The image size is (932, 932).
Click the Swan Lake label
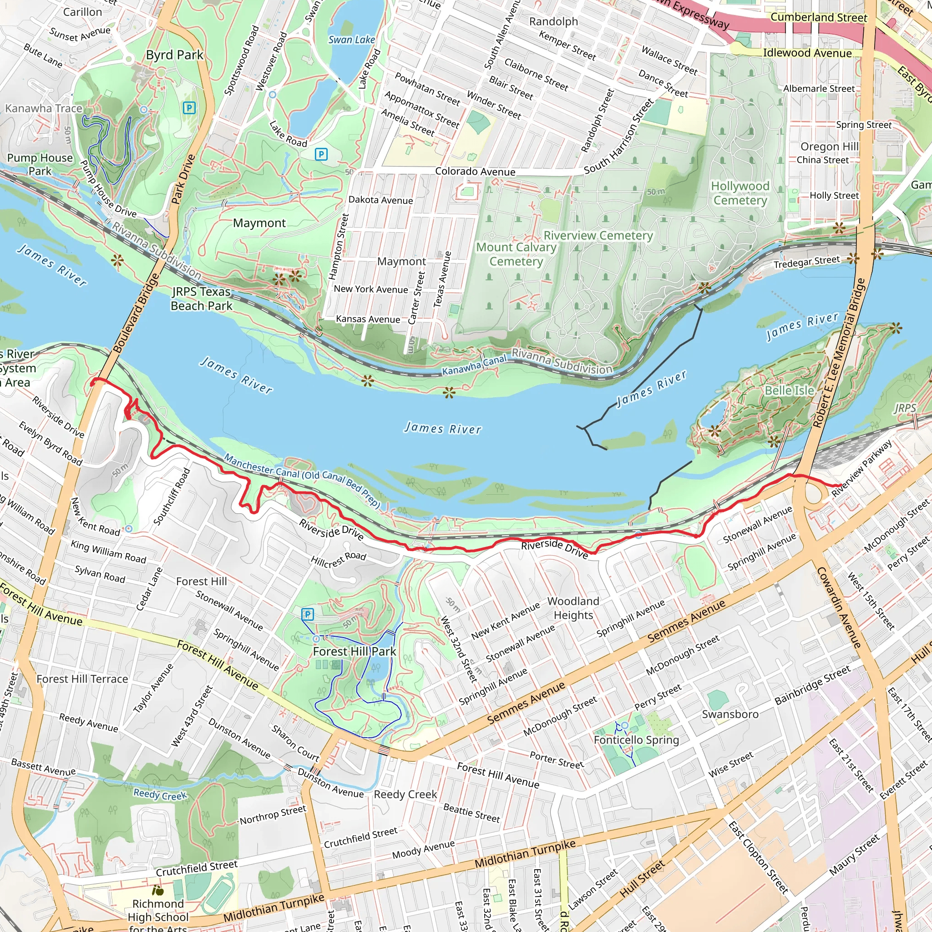(351, 40)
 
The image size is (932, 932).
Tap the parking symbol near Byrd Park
(190, 108)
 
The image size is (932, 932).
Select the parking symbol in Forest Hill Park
(307, 614)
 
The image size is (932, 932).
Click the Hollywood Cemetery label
(740, 193)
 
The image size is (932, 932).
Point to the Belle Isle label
(789, 390)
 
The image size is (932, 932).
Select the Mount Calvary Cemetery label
(516, 254)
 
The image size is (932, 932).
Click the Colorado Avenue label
(475, 171)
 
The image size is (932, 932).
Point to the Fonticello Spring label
(636, 740)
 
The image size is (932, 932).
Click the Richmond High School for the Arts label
(158, 917)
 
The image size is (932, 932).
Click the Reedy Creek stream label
(160, 795)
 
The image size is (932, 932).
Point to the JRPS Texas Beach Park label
(201, 299)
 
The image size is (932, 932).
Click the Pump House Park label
(40, 164)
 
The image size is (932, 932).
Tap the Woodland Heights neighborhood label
(573, 608)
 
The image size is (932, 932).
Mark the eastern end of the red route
(841, 485)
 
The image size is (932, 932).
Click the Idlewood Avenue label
(807, 53)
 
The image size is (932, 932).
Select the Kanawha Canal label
(474, 365)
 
